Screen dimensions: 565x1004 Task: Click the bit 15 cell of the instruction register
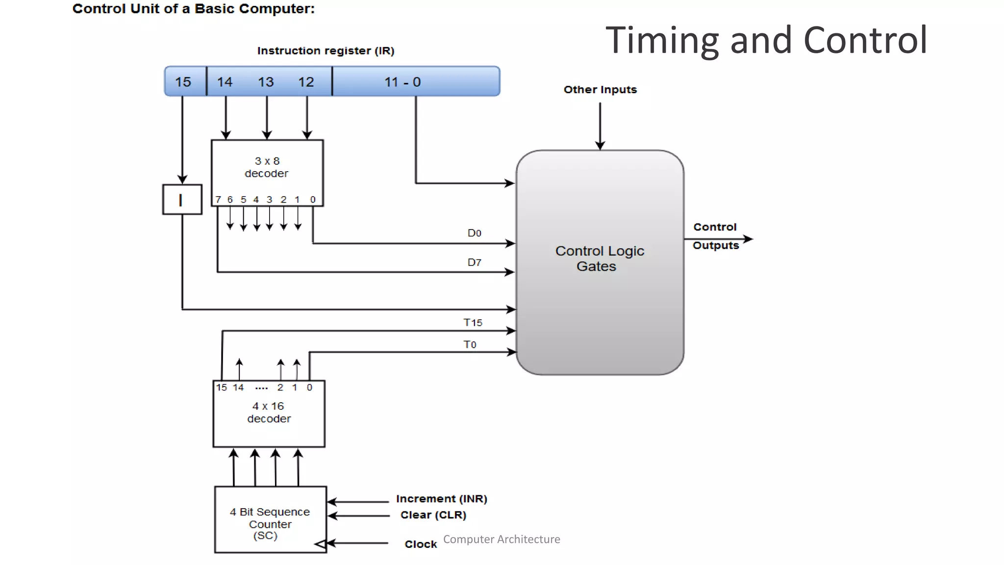pos(184,82)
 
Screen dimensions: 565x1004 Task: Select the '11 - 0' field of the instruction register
pos(402,82)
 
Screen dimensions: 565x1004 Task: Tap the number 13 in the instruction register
pos(266,82)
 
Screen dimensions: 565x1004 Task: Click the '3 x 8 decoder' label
pos(267,167)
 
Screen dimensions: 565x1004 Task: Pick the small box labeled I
pos(182,200)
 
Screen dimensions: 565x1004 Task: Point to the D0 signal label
pos(474,233)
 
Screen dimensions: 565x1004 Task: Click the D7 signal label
pos(474,262)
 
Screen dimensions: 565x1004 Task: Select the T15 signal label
pos(473,322)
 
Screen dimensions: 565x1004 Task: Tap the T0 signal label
pos(470,344)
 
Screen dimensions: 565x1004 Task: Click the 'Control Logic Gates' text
pos(599,258)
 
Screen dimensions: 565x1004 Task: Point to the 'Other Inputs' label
pos(600,90)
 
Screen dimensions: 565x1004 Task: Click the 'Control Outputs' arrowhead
pos(748,239)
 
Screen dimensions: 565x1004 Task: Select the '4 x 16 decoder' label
pos(269,412)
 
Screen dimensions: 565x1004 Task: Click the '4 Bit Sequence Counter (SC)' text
pos(270,523)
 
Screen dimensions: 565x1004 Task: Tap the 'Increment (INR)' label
pos(441,499)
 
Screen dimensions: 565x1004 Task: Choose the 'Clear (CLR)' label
pos(433,515)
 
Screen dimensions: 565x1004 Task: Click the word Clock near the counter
pos(420,544)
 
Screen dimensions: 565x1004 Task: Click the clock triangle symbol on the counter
pos(320,544)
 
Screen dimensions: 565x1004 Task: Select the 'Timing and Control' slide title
pos(766,40)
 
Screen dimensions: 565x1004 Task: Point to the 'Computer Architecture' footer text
pos(502,539)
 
